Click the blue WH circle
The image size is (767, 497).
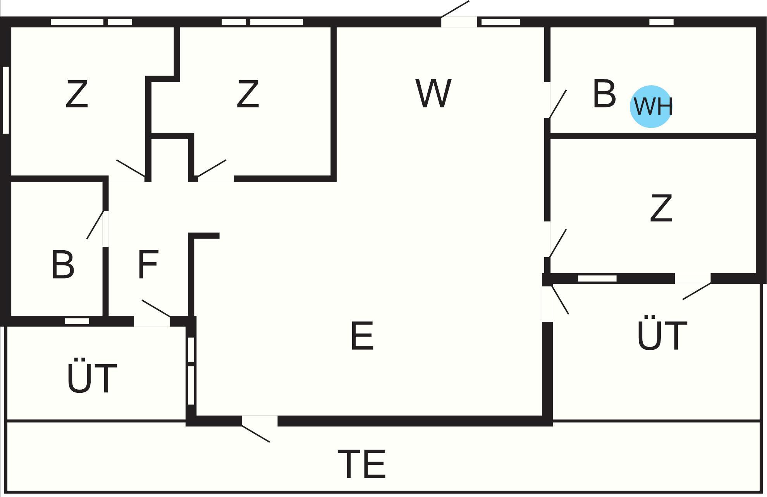(651, 106)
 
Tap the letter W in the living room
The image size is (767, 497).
(433, 93)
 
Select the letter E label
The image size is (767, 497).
(362, 336)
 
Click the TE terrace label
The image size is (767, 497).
(362, 464)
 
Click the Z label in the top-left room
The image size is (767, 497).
(77, 94)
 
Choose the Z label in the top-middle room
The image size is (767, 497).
(248, 94)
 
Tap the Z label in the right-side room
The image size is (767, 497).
(661, 208)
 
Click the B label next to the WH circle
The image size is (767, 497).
(604, 94)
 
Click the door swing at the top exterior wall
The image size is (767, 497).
(455, 9)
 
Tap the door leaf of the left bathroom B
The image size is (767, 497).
(95, 225)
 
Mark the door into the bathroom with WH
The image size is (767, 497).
(558, 104)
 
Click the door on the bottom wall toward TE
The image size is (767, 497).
(256, 433)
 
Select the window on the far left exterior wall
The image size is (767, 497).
(6, 100)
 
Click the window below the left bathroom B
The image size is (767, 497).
(77, 321)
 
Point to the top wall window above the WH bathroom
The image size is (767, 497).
(661, 22)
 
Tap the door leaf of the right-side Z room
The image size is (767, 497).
(558, 243)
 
